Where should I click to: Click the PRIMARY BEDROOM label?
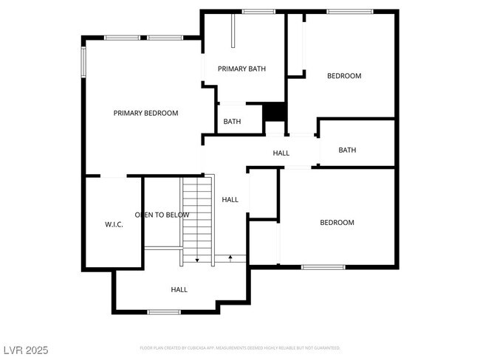pos(145,113)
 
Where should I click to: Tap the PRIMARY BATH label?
pos(241,69)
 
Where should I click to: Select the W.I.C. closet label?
pos(113,224)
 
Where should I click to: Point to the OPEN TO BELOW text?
pos(162,215)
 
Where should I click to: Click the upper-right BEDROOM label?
pos(344,76)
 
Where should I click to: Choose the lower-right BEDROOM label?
pos(336,222)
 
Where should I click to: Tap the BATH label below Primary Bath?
pos(233,122)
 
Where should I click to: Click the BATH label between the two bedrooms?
pos(347,150)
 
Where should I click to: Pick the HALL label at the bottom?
pos(179,290)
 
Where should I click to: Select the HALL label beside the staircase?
pos(230,199)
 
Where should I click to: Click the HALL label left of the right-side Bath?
pos(281,153)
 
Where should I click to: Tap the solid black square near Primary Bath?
pos(275,111)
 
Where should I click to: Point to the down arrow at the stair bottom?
pos(197,259)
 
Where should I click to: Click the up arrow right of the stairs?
pos(231,257)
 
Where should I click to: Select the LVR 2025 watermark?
pos(26,349)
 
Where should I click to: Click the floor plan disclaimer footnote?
pos(240,347)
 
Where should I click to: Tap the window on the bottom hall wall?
pos(164,312)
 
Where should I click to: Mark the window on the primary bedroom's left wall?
pos(83,60)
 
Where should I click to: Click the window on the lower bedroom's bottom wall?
pos(323,267)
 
